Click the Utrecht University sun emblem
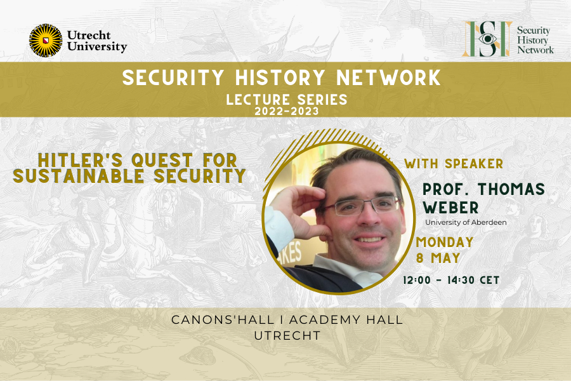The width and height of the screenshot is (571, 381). point(46,41)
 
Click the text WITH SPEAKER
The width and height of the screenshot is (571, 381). point(454,164)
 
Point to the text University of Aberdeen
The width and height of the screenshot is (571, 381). point(466,222)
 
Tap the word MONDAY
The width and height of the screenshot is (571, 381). point(445,242)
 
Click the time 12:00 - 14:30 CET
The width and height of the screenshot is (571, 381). point(451,280)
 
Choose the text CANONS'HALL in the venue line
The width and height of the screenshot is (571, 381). point(212,319)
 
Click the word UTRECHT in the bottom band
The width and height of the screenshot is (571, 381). point(285,335)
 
